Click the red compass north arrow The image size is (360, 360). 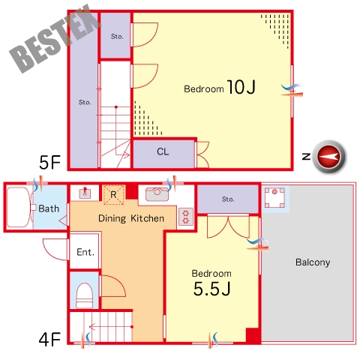329,157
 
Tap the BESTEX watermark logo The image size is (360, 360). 55,39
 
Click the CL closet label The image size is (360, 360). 163,151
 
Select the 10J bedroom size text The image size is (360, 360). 241,87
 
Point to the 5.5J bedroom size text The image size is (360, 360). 211,289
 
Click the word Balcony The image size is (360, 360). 313,262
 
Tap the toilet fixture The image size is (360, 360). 84,295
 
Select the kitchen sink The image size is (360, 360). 157,194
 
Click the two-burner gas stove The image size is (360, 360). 185,217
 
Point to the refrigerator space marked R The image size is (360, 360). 114,194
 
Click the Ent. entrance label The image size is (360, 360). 85,252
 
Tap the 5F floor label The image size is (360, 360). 49,162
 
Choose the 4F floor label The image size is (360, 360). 49,339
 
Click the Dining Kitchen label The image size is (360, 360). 131,218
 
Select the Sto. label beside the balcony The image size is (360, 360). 228,199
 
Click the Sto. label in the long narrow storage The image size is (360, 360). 85,102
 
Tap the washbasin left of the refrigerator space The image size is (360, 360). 85,193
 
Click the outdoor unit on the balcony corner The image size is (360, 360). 274,198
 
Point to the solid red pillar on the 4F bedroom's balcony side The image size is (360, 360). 253,336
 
